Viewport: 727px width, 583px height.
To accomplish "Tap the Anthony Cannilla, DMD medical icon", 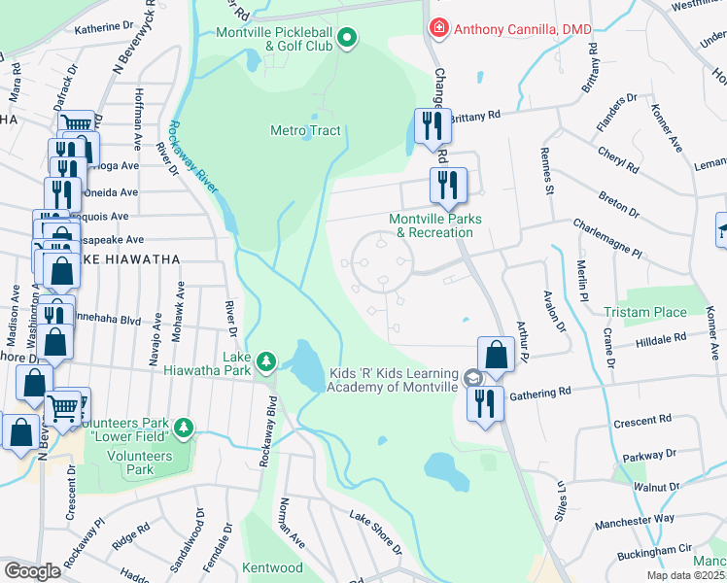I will pos(439,29).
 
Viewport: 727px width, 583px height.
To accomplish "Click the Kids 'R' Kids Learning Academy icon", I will pos(472,378).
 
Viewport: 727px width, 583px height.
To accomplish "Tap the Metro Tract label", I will pos(305,130).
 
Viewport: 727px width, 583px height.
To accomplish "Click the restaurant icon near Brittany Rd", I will pos(431,125).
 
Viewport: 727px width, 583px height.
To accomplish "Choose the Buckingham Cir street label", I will pos(656,552).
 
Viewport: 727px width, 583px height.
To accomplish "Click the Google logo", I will pos(32,571).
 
